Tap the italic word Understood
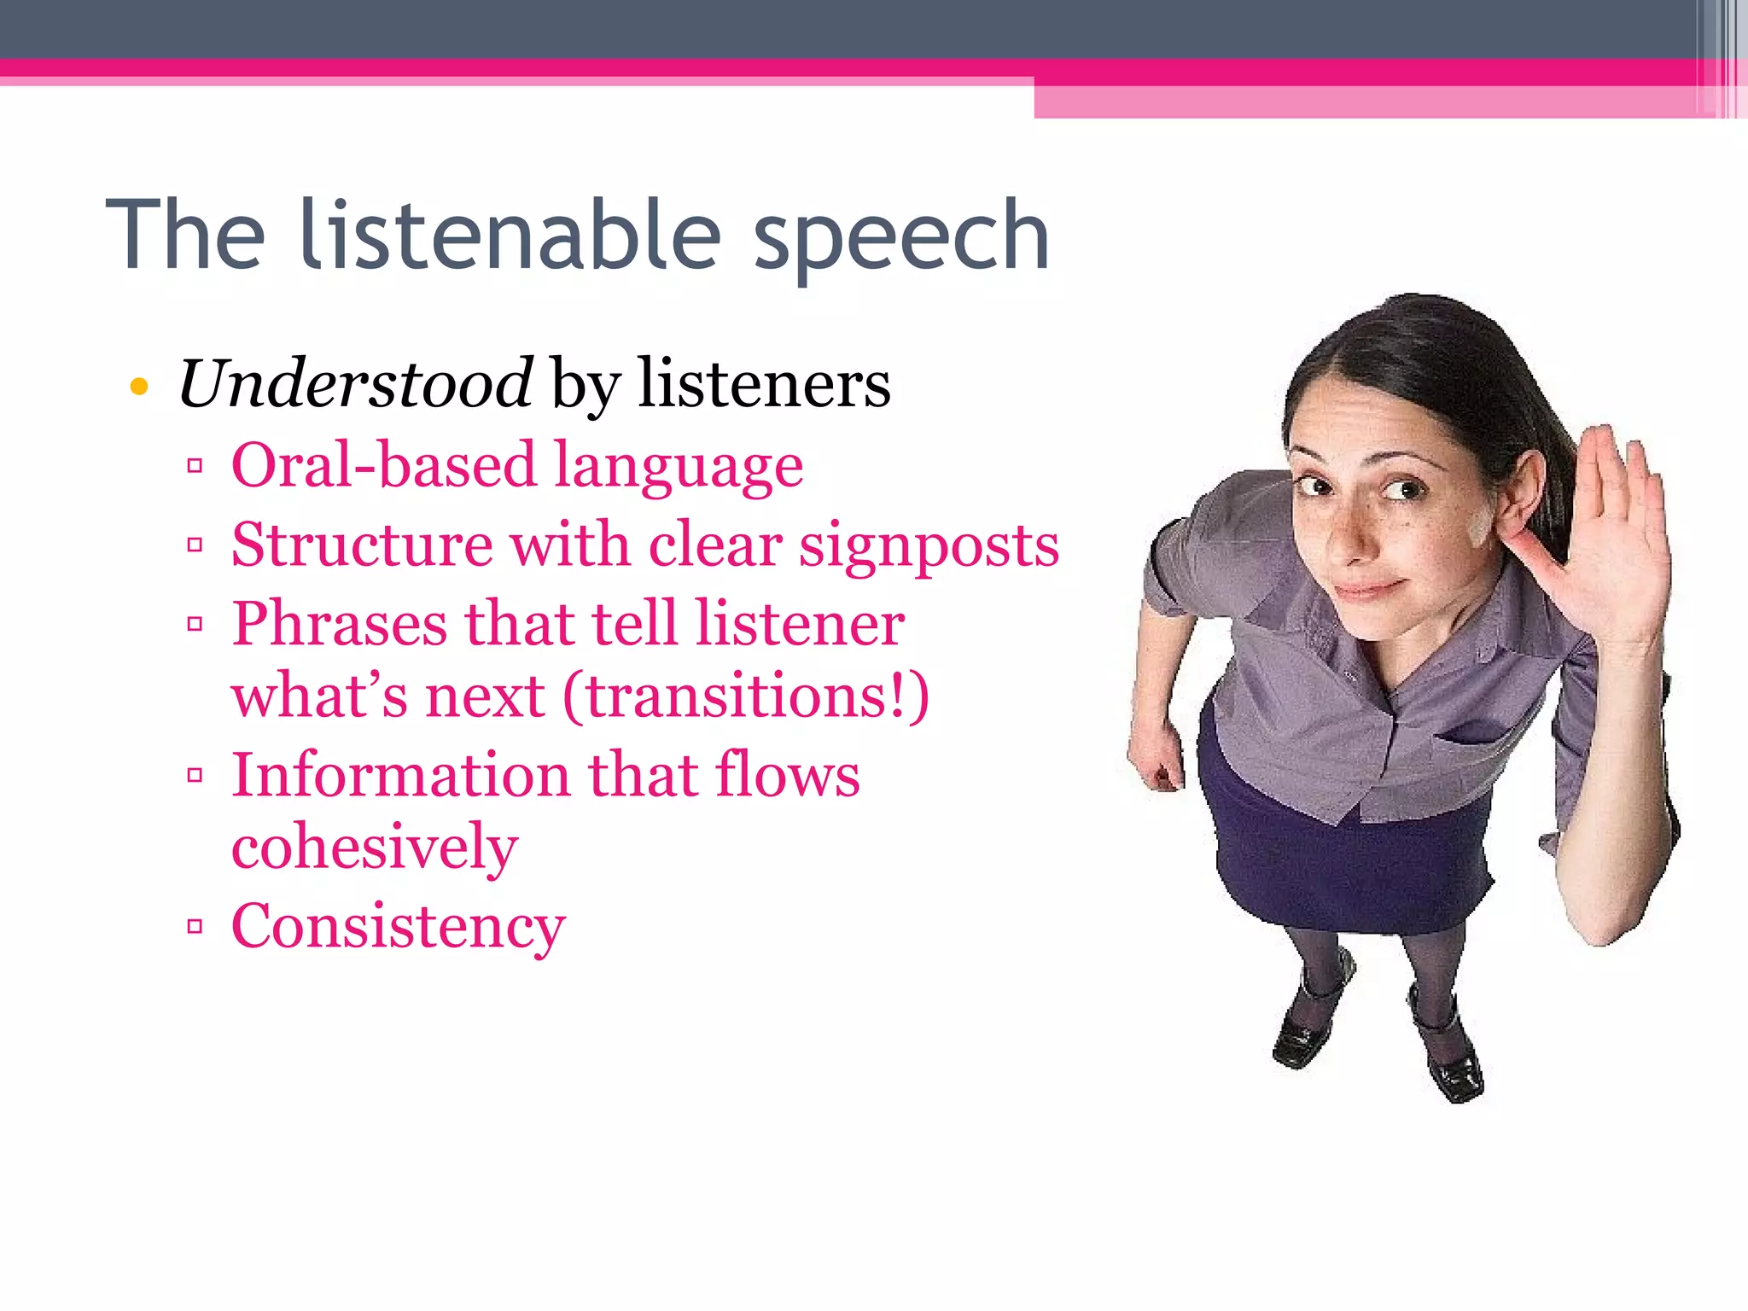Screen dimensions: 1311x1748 click(x=355, y=384)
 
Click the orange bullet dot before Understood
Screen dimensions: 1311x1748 click(x=139, y=387)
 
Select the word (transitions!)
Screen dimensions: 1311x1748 click(x=746, y=696)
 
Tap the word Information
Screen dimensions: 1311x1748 click(x=400, y=775)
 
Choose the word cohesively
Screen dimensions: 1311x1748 click(x=374, y=847)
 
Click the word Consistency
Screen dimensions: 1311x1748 click(x=398, y=926)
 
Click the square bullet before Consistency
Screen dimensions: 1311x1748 click(x=195, y=926)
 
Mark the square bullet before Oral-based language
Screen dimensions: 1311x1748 click(x=195, y=466)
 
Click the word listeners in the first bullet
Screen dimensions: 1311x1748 click(x=764, y=384)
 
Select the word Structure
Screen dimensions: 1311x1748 click(x=361, y=545)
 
